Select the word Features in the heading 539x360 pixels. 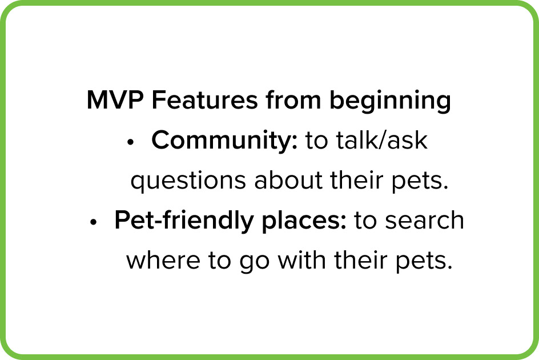pos(205,100)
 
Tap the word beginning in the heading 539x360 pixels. pos(390,101)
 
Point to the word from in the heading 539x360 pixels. pos(293,100)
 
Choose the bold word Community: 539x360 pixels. pos(224,141)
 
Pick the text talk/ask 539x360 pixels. pos(381,140)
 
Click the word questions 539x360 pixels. pos(188,181)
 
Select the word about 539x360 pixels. pos(288,179)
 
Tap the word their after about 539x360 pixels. pos(357,179)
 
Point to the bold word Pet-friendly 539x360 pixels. pos(184,220)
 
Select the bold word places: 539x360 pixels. pos(304,221)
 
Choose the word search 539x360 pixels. pos(425,220)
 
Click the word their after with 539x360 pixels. pos(361,260)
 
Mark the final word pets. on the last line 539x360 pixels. pos(424,262)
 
